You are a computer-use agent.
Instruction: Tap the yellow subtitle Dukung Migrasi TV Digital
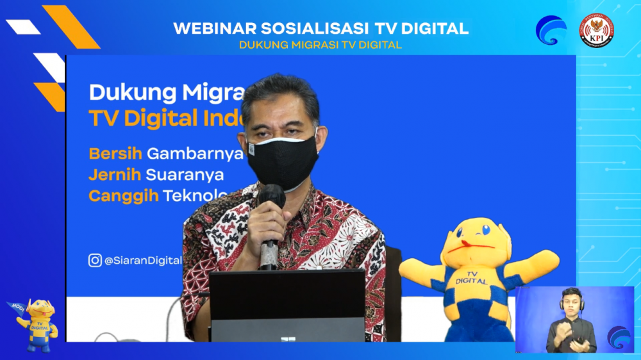320,45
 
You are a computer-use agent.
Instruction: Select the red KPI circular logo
596,30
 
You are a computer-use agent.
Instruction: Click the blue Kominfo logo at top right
551,30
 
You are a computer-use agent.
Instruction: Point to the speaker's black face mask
282,161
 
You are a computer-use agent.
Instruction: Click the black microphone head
271,196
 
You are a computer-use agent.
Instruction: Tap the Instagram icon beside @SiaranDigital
95,260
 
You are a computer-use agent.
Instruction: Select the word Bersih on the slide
115,154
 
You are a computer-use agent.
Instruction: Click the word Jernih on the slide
114,174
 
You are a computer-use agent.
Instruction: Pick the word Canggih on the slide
123,196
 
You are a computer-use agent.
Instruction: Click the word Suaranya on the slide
185,174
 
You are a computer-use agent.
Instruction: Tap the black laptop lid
287,301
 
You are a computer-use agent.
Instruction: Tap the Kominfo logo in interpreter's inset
619,337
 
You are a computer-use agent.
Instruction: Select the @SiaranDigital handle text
142,261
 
